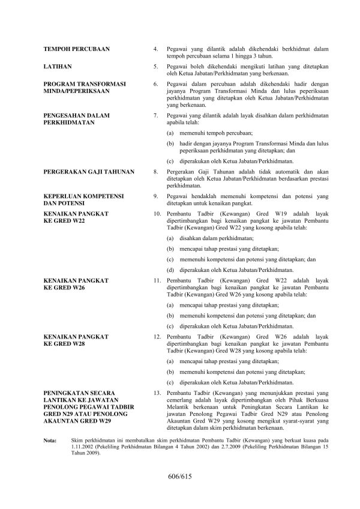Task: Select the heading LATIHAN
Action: tap(58, 67)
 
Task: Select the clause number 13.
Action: tap(157, 393)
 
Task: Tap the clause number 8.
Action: tap(156, 172)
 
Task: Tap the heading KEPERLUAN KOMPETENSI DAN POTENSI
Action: tap(83, 199)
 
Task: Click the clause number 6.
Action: tap(156, 84)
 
